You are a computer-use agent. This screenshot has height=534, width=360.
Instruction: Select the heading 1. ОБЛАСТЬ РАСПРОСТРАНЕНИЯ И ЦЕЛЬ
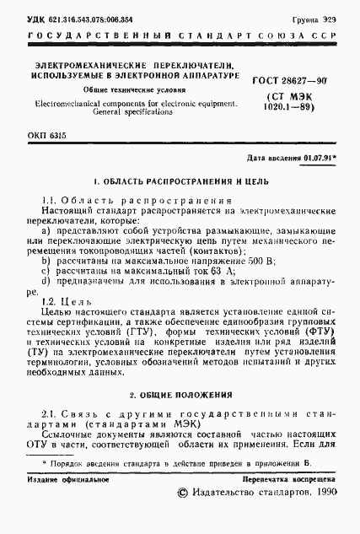[180, 182]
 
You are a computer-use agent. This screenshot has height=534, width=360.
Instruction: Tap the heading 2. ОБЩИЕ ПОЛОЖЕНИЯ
[180, 395]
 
